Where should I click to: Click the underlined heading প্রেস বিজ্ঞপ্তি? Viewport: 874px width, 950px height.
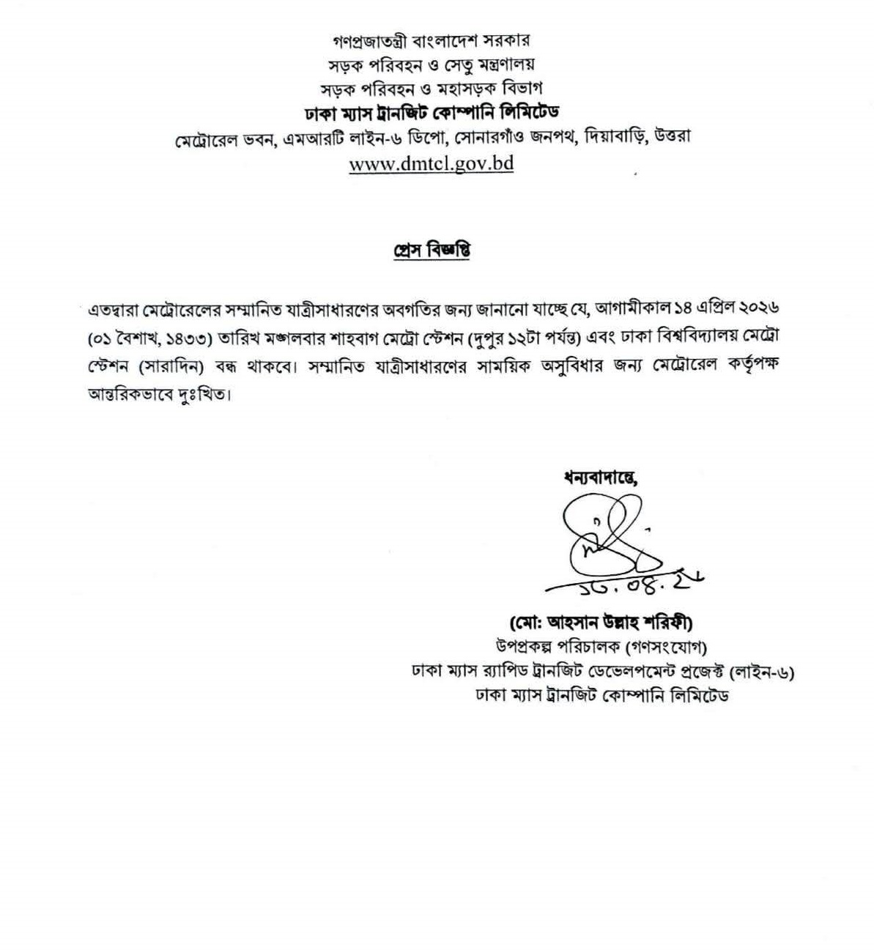[x=430, y=251]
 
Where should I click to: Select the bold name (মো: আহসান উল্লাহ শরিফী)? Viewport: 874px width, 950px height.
[x=601, y=623]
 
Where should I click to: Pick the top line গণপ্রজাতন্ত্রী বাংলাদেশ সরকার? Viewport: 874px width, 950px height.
[x=431, y=40]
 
